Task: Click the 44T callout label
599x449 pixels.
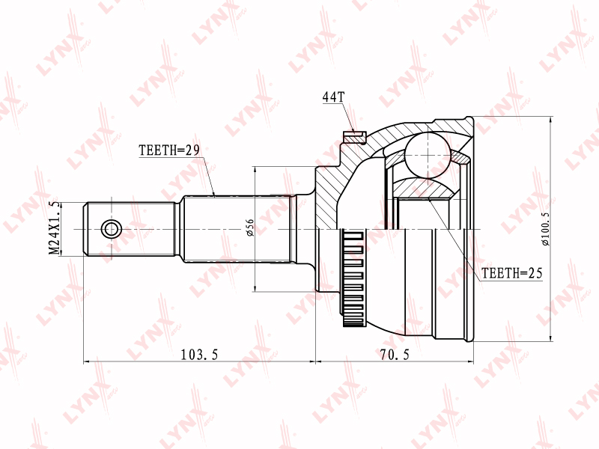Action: click(x=333, y=97)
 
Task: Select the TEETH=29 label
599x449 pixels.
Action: click(x=169, y=150)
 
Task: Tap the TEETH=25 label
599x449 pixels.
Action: click(x=511, y=273)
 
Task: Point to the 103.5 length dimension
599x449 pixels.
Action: click(x=199, y=355)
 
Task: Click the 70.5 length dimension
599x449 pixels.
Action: click(x=395, y=355)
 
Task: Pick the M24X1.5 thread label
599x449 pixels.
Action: click(x=55, y=228)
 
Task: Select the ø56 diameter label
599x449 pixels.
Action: click(x=250, y=227)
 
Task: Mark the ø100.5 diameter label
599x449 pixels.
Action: click(x=545, y=228)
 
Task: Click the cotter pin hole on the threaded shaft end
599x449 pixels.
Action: click(x=111, y=229)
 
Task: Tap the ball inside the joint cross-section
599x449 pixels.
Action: click(x=428, y=155)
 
